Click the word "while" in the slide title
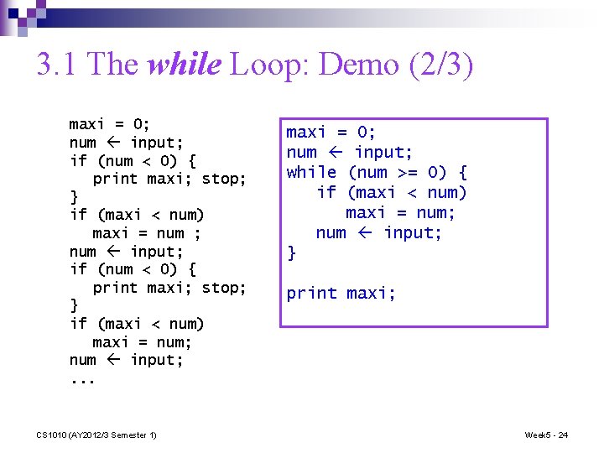(182, 65)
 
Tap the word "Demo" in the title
(351, 65)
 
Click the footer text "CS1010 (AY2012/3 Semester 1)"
(96, 435)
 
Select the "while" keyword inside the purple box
(311, 172)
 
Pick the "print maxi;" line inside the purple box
(341, 293)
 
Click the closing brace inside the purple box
(291, 252)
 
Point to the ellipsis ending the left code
(82, 378)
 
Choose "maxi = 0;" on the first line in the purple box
(331, 132)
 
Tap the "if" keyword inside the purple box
(326, 192)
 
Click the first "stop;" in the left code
(224, 179)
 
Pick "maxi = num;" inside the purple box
(400, 212)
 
